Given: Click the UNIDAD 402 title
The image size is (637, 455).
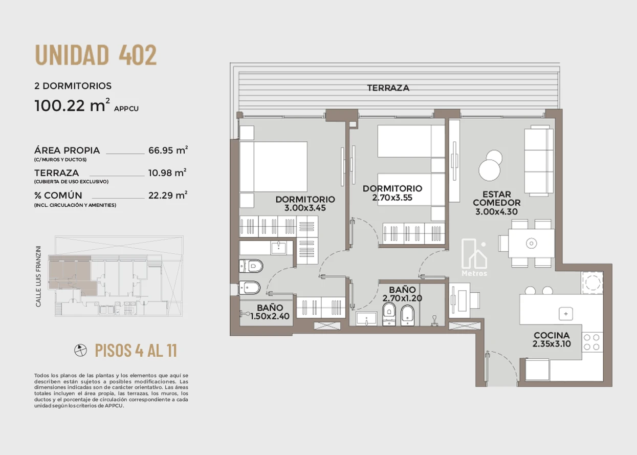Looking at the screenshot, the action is point(96,55).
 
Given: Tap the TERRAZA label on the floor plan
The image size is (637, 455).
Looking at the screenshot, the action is point(388,88).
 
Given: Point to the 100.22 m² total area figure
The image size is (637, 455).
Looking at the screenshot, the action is point(72,105).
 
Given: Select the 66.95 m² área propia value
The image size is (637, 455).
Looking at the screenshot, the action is point(168,150).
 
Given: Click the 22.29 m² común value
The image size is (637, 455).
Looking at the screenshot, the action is point(168,195).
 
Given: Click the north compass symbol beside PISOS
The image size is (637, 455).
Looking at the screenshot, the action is point(80,350).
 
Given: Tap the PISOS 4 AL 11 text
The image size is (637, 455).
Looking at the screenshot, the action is point(136,350).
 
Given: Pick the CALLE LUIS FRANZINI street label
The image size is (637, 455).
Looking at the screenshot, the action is point(38,276).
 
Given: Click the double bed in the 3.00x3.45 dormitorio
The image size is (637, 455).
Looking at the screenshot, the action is point(273,167).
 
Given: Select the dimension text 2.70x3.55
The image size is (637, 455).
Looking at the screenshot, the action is point(392,198).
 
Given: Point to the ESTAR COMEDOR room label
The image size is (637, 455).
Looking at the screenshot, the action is point(496,199).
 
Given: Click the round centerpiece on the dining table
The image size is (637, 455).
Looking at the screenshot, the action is point(531,243).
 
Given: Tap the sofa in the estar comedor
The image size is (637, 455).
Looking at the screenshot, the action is point(539,161).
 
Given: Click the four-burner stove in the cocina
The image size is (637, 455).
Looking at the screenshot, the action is point(592,342).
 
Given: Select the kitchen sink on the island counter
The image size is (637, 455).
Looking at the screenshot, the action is point(565,314).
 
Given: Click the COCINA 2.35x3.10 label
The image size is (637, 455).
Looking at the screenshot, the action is point(552,339).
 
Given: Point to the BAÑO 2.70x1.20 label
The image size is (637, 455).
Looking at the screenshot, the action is point(402,294).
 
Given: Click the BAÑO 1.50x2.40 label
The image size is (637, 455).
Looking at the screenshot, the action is point(270,312).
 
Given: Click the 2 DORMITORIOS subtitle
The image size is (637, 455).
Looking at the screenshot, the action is point(73,86).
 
